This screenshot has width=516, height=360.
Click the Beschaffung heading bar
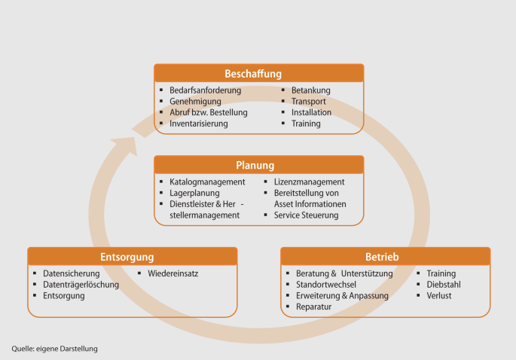click(258, 74)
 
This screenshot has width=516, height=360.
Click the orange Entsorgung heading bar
click(132, 257)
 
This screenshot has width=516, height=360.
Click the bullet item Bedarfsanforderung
click(205, 90)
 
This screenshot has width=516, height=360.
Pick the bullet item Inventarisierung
click(198, 124)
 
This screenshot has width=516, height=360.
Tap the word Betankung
click(310, 90)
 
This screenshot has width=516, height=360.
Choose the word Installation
click(311, 112)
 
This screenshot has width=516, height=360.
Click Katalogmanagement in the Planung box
click(207, 182)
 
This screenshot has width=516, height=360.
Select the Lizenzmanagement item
click(309, 182)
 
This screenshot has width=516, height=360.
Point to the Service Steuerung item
click(306, 215)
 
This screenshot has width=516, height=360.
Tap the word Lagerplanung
click(194, 193)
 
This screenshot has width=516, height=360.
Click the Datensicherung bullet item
click(72, 273)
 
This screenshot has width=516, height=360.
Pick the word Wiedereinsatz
click(173, 273)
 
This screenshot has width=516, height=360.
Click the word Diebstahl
click(444, 285)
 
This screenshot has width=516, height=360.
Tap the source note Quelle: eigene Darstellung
click(54, 349)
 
